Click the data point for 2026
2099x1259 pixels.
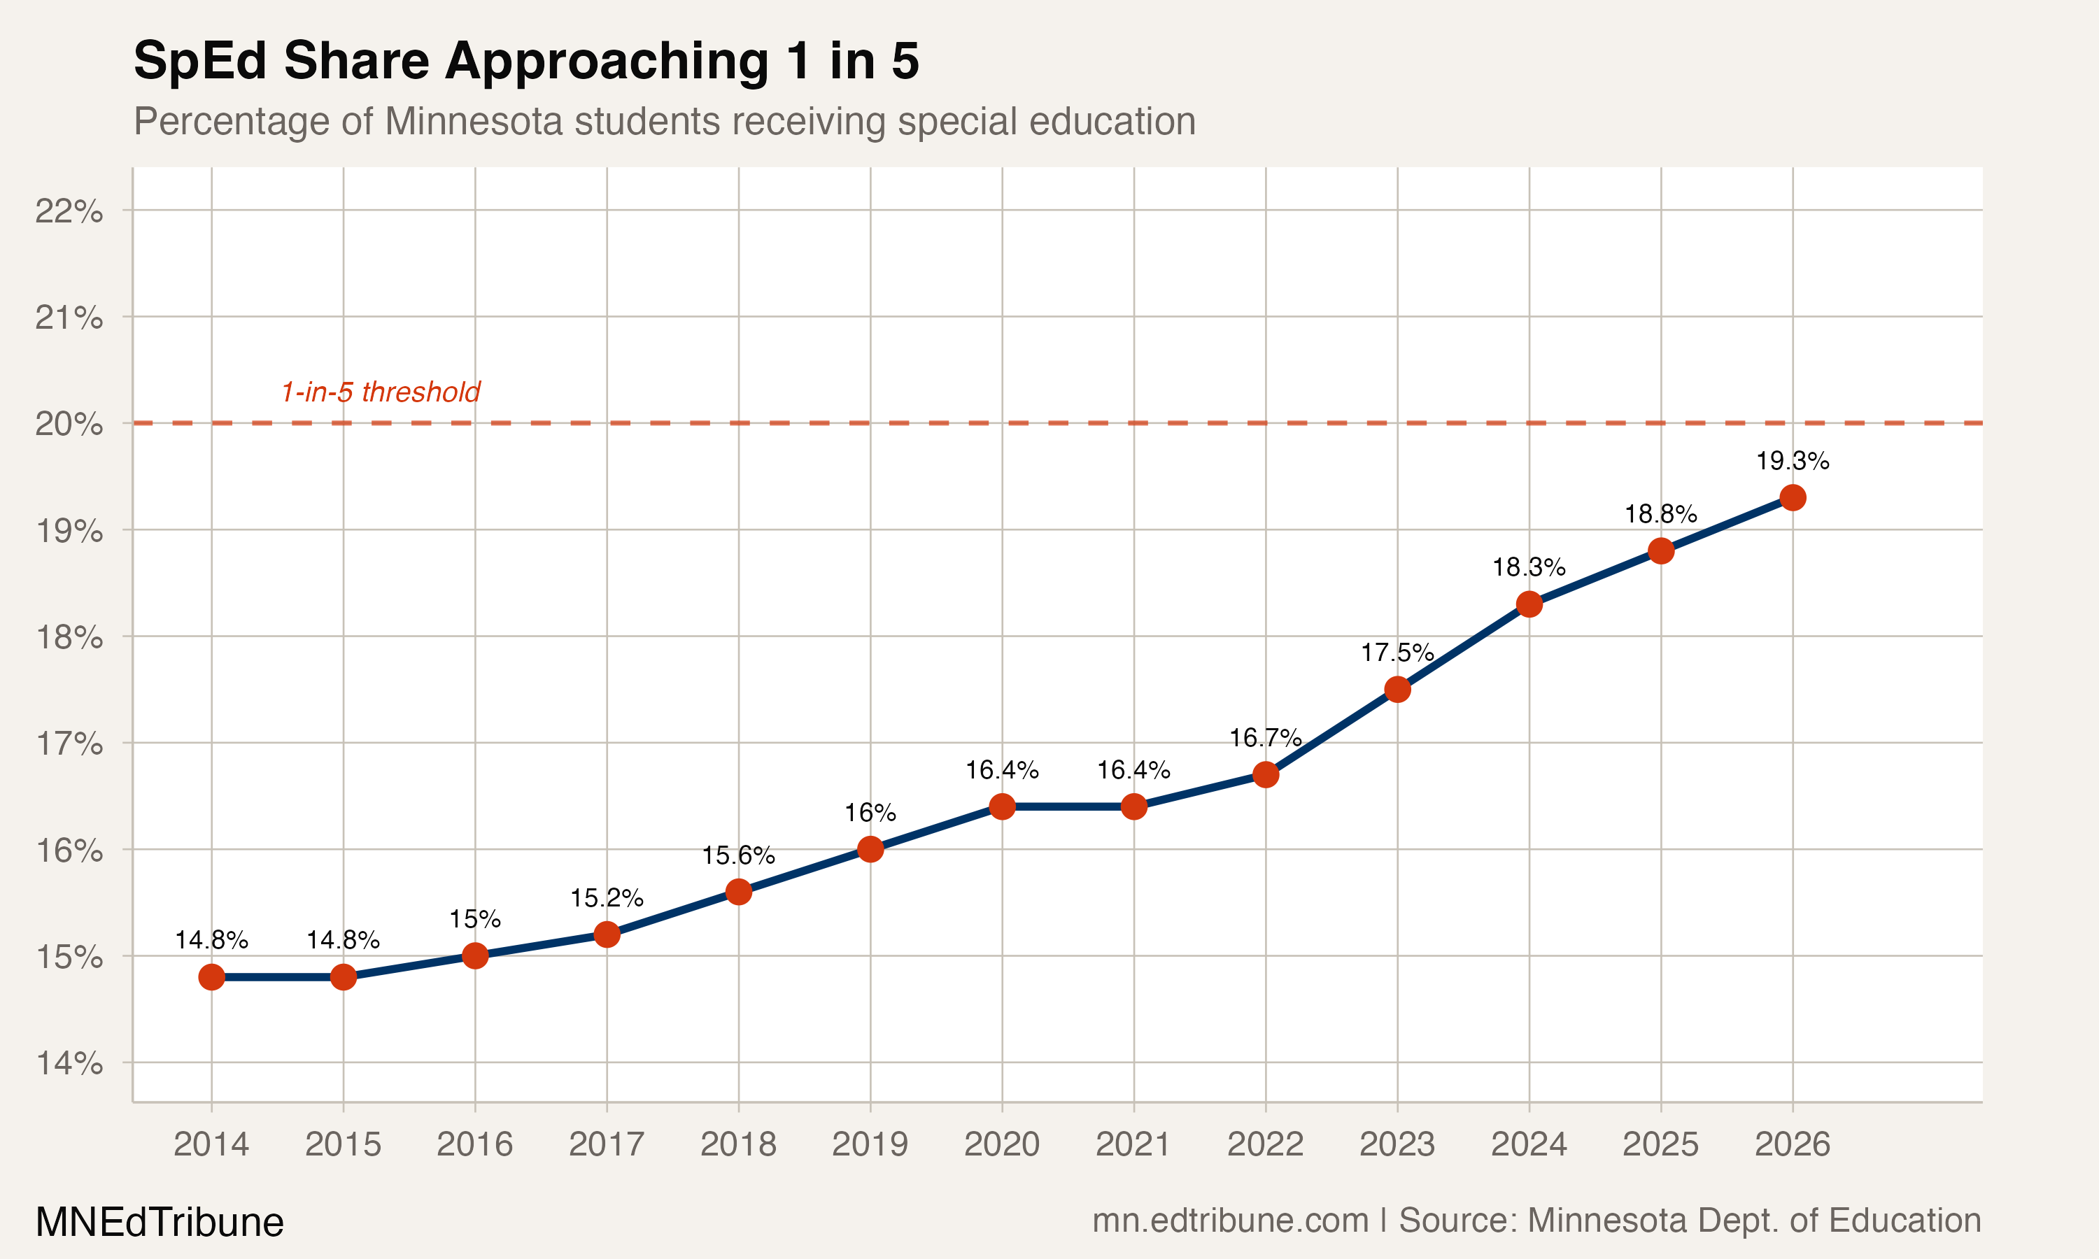tap(1792, 498)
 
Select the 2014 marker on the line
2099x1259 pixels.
tap(211, 977)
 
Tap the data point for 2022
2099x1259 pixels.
tap(1265, 774)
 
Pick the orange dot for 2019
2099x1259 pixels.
tap(870, 849)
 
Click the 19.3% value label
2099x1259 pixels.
tap(1792, 462)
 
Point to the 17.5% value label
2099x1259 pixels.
tap(1397, 653)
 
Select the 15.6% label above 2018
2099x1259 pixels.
tap(738, 855)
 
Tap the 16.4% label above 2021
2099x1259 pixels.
tap(1133, 770)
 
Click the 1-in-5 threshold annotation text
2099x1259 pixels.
tap(380, 392)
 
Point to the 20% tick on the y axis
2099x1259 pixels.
tap(69, 423)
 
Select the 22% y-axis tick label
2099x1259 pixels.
tap(69, 211)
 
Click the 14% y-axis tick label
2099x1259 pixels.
tap(69, 1063)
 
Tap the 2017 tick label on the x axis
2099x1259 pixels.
tap(607, 1144)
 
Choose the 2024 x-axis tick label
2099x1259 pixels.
tap(1529, 1144)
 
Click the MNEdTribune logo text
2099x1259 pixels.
tap(160, 1222)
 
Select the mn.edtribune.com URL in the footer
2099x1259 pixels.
tap(1229, 1220)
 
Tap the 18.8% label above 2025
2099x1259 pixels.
tap(1660, 514)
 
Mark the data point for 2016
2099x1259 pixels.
tap(475, 956)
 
